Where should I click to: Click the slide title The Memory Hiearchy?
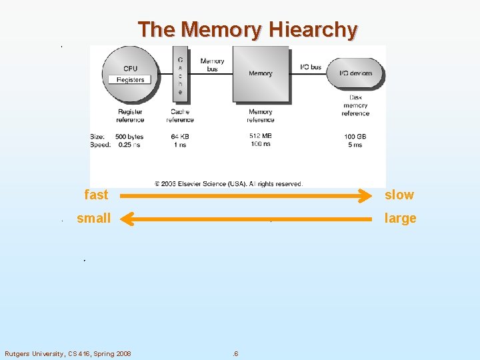pos(247,29)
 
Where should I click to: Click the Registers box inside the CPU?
pos(130,79)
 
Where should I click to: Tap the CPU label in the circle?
pos(131,68)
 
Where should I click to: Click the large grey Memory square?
pos(260,73)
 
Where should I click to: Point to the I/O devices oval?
pos(356,73)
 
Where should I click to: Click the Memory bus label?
pos(212,65)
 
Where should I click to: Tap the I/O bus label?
pos(311,67)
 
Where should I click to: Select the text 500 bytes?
pos(129,137)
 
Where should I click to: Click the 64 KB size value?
pos(179,137)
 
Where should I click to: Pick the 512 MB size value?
pos(260,137)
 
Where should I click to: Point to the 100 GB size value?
pos(355,137)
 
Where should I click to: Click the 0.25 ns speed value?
pos(129,145)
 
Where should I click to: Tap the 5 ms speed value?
pos(355,145)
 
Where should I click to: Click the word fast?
pos(96,195)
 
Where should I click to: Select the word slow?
pos(399,195)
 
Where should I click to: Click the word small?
pos(94,218)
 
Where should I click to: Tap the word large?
pos(401,219)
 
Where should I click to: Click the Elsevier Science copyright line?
pos(229,183)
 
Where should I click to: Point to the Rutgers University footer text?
pos(68,353)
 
